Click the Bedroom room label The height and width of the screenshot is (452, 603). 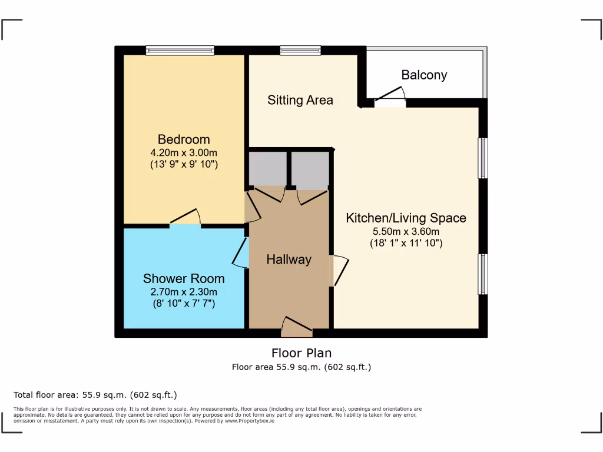(184, 139)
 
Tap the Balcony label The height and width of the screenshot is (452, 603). (424, 75)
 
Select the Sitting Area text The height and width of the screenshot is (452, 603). (300, 100)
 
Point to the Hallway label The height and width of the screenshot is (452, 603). (289, 260)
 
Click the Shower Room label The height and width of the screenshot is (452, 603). (184, 278)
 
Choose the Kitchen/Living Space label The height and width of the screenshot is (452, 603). (406, 218)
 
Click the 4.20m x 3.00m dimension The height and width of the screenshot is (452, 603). (184, 152)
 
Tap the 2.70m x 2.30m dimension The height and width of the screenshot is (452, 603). (184, 291)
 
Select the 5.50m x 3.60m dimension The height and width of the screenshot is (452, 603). (406, 231)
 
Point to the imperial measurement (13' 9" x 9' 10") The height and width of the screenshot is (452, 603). (184, 164)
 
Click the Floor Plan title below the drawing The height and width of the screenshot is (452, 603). (301, 353)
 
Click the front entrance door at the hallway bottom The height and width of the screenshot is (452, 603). (297, 327)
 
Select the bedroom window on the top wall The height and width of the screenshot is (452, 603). (180, 51)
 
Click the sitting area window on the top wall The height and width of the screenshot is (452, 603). (300, 51)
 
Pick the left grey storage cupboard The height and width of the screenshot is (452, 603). (267, 168)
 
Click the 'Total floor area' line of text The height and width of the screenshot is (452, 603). (95, 395)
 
